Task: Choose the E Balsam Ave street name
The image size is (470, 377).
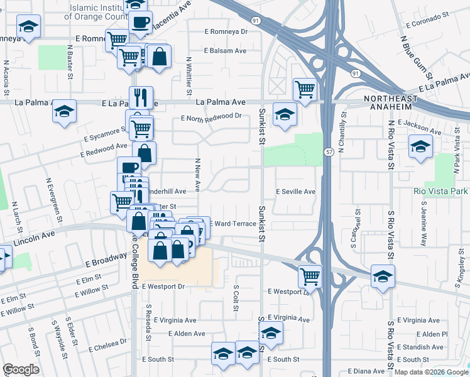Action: click(x=226, y=52)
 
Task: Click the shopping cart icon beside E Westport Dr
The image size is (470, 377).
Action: click(x=310, y=275)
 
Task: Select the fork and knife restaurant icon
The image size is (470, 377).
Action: click(x=141, y=97)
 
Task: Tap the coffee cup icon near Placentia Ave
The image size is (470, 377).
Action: click(x=140, y=22)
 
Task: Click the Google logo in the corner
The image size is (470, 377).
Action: click(x=21, y=369)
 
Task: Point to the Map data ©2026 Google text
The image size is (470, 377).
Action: click(x=431, y=372)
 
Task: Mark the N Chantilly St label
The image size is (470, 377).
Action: click(x=343, y=133)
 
